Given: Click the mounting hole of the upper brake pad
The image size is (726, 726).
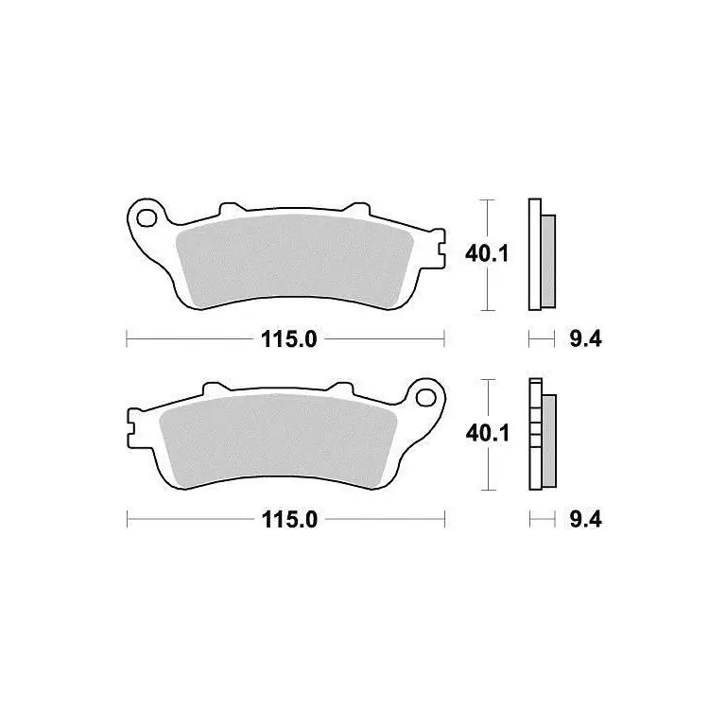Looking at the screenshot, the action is coord(147,218).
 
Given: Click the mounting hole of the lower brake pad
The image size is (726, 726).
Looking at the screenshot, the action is coord(425,397).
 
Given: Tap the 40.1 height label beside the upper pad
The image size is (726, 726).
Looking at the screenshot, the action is coord(487,253).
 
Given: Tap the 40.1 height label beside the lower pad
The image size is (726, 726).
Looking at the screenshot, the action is coord(487,433).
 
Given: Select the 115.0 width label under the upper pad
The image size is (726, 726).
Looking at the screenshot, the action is coord(289,339).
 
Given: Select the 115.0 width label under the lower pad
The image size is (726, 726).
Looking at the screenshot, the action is coord(289,520).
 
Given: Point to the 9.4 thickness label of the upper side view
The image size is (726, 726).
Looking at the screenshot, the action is coord(586,339).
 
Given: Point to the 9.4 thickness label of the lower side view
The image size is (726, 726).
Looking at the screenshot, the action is coord(586,520).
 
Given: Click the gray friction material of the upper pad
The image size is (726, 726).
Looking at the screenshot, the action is coord(295,260).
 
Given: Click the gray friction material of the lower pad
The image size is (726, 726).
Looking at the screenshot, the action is coord(278,439).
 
